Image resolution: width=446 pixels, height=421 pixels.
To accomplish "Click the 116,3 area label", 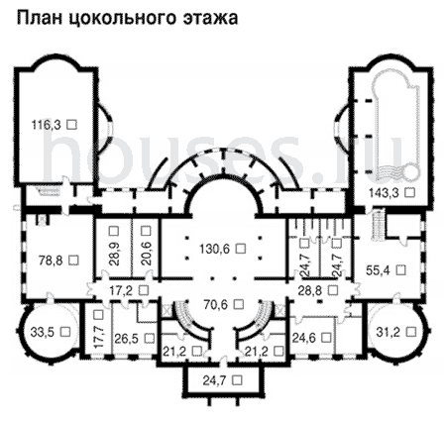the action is (x=46, y=125).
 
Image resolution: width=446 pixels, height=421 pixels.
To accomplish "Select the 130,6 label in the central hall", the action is (x=214, y=249).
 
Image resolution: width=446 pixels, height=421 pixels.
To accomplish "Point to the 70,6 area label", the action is (x=216, y=304).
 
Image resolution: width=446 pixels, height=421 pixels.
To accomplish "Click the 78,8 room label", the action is (x=51, y=261).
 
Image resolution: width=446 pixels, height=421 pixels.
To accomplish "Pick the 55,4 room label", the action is (x=379, y=270).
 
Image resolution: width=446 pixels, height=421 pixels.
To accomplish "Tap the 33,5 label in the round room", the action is (x=43, y=332).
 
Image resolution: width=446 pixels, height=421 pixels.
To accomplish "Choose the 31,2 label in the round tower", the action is (x=389, y=332).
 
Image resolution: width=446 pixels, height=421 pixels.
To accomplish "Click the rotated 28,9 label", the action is (x=113, y=254).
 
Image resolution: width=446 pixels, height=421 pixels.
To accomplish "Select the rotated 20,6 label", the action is (x=146, y=254).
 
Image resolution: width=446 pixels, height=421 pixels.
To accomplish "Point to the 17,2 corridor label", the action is (x=122, y=291).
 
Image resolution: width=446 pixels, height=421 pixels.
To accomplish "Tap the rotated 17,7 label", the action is (x=98, y=336).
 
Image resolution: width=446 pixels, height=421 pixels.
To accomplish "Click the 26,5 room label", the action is (x=127, y=339).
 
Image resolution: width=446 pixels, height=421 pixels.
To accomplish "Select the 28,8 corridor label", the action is (x=310, y=291).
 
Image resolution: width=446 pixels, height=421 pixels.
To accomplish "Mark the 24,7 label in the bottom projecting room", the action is (x=215, y=380).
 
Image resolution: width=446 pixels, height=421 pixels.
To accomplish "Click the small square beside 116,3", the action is (x=71, y=124).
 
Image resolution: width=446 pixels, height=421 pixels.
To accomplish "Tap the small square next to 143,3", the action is (x=409, y=192).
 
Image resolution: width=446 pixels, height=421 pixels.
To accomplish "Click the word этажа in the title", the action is (x=210, y=18).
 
